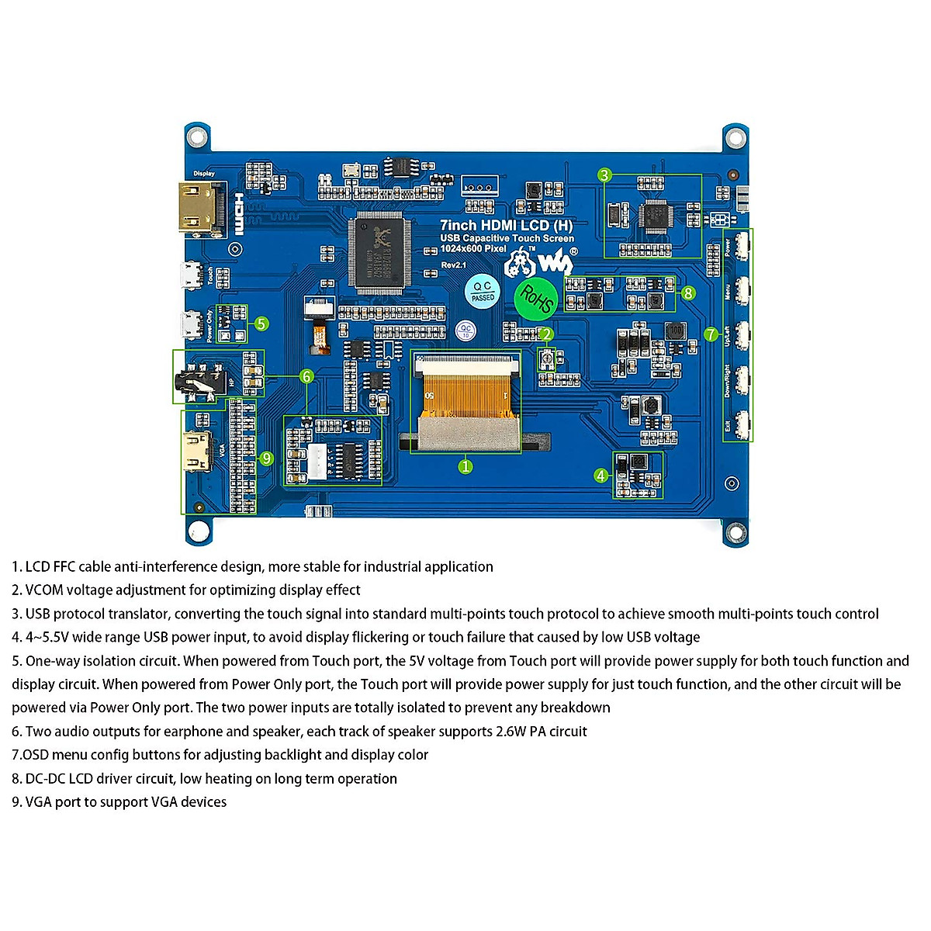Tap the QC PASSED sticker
[x=482, y=292]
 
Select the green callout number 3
[x=605, y=175]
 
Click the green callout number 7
[x=711, y=334]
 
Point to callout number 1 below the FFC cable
[x=465, y=466]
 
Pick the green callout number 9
[x=266, y=458]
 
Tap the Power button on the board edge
[x=742, y=247]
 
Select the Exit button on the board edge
[x=742, y=425]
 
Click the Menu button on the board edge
[x=742, y=291]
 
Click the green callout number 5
[x=261, y=324]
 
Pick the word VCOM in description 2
[x=44, y=590]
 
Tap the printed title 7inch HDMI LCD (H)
[x=506, y=225]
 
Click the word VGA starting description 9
[x=39, y=802]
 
